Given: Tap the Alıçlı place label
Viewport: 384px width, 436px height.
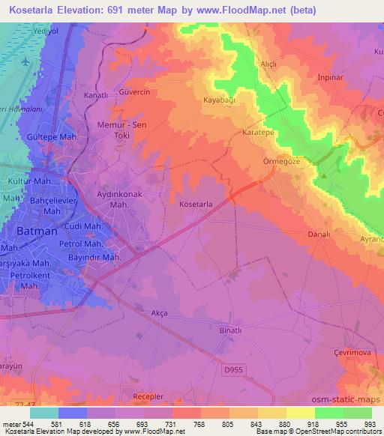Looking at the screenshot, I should pos(268,64).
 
